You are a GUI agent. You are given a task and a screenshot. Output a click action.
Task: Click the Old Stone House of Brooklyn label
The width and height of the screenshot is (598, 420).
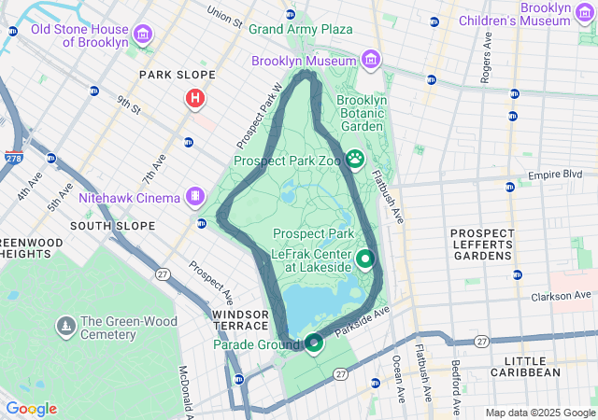79,35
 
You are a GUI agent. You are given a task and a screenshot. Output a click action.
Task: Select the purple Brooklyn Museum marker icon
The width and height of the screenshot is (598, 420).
371,61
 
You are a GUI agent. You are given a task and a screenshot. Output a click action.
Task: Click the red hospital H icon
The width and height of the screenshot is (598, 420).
195,97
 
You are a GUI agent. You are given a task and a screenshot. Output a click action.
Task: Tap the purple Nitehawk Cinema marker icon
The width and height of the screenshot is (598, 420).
194,197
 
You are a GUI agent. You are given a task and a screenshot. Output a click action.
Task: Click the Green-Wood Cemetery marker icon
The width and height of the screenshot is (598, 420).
66,326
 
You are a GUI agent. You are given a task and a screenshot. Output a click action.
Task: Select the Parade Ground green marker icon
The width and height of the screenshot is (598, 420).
314,343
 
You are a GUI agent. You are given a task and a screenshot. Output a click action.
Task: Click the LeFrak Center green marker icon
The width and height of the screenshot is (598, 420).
365,259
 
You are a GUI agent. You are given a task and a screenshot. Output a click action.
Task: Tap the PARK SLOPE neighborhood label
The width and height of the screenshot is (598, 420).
177,75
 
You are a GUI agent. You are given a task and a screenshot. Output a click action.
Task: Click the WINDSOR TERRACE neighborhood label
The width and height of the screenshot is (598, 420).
245,320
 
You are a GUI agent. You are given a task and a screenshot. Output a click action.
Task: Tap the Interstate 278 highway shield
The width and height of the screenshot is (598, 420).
14,159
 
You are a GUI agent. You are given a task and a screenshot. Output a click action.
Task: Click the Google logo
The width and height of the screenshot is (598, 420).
31,409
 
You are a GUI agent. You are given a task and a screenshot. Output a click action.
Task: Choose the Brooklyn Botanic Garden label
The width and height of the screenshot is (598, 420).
361,113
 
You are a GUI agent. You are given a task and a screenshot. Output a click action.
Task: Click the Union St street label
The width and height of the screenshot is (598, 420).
224,16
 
